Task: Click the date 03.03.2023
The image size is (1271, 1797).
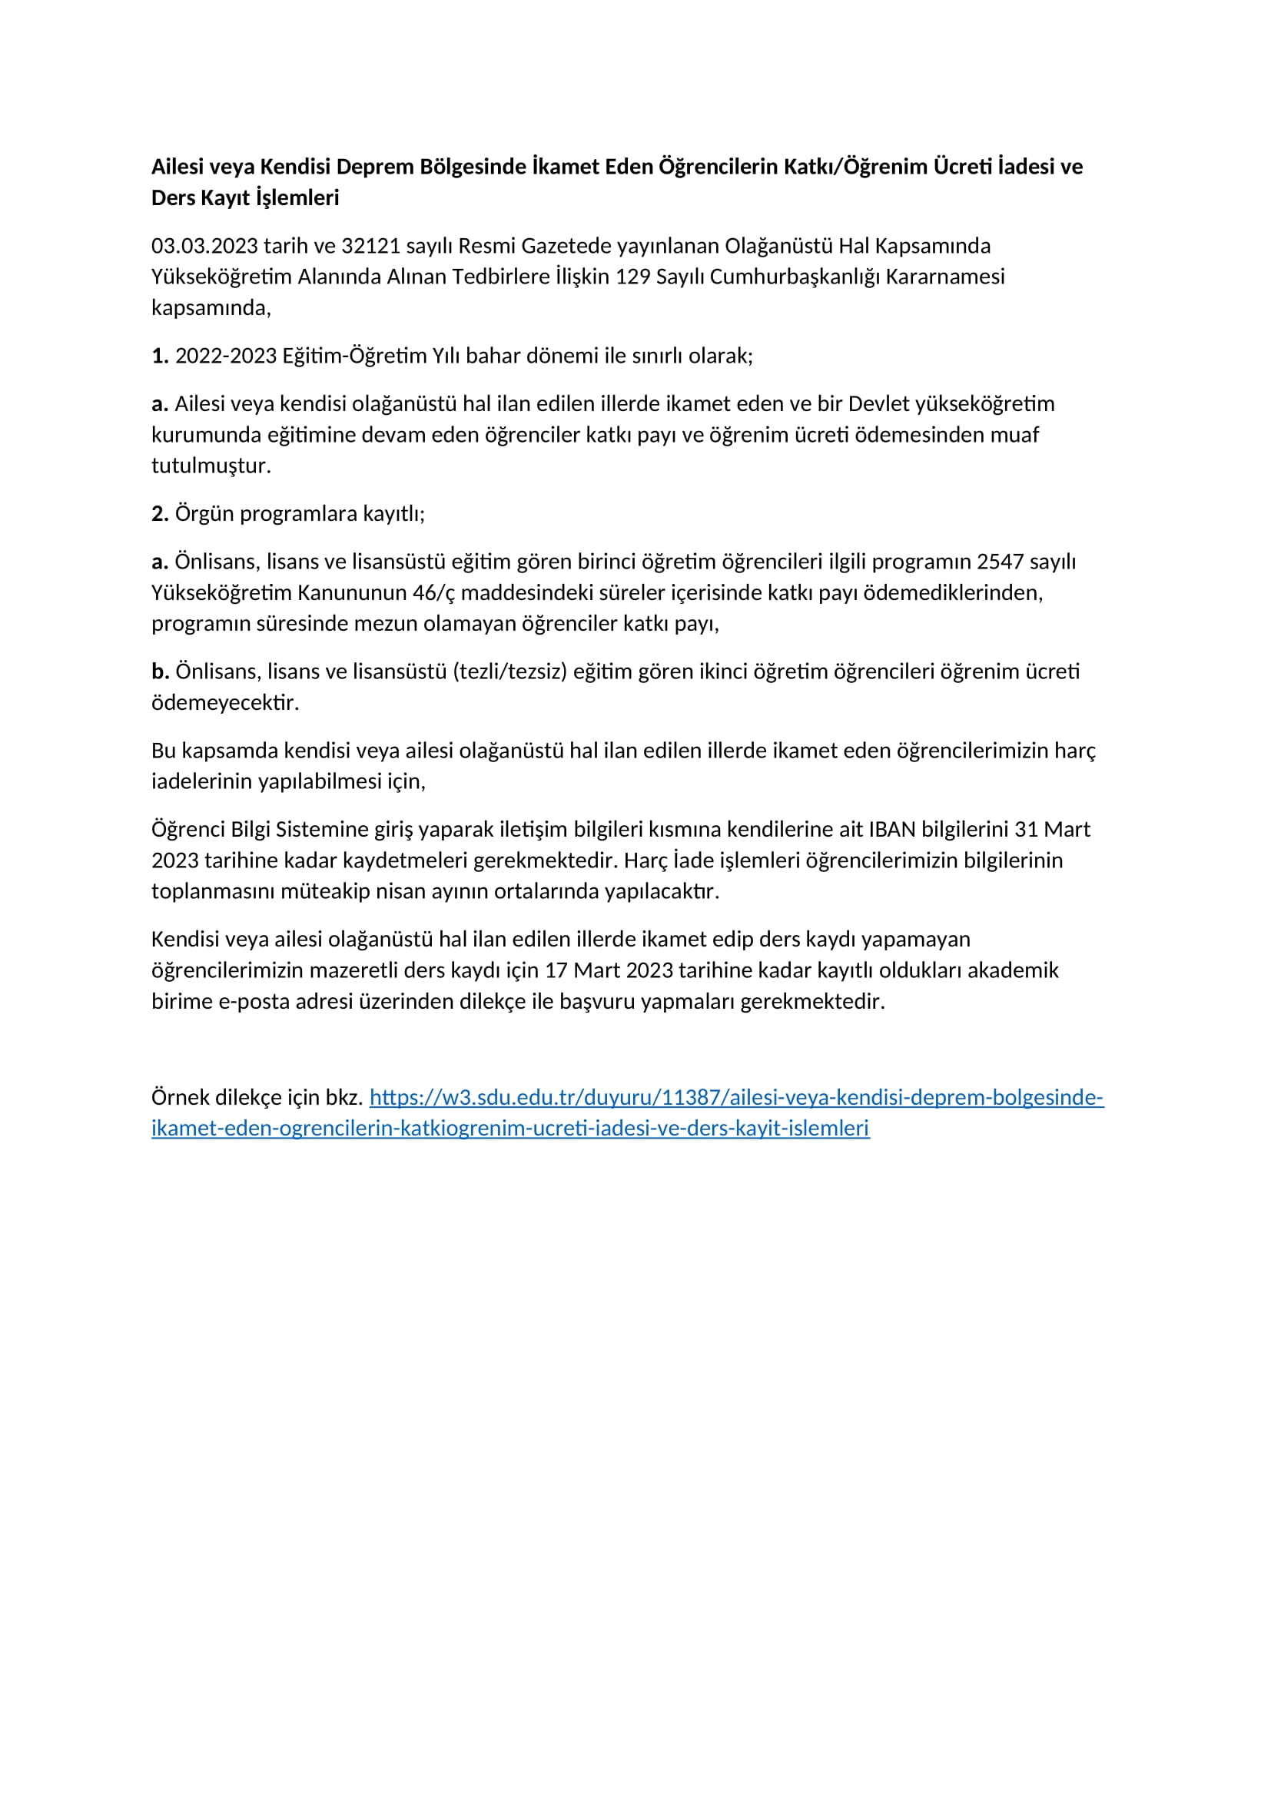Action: pos(204,246)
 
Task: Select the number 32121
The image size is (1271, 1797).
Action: pos(370,246)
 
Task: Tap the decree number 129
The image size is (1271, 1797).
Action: pos(632,277)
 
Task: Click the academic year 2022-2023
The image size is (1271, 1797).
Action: pos(225,356)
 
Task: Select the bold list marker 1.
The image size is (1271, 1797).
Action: pos(160,356)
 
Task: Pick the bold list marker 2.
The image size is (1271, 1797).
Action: pos(160,514)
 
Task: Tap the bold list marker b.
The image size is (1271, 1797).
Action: pos(160,671)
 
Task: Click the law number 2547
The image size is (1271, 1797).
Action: pos(1000,562)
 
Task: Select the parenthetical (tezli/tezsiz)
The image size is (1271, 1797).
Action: pos(509,671)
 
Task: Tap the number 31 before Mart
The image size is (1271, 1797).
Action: pos(1026,830)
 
